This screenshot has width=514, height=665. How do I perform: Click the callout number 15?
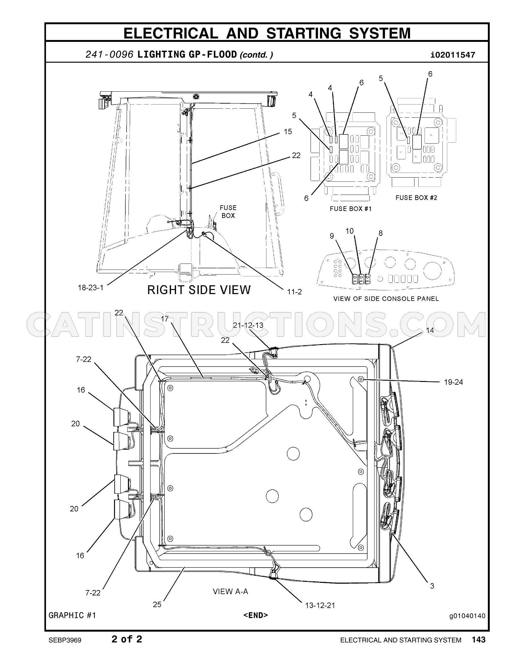(x=288, y=132)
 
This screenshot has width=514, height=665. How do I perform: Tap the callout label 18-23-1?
(x=91, y=287)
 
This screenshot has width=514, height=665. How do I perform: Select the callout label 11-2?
(x=294, y=292)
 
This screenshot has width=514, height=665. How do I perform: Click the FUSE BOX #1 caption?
(x=351, y=208)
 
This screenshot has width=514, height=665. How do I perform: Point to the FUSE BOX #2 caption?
(x=416, y=197)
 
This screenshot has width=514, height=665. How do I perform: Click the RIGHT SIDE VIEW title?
(x=199, y=290)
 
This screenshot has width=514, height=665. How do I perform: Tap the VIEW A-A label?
(x=231, y=591)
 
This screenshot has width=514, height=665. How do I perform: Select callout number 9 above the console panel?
(x=332, y=236)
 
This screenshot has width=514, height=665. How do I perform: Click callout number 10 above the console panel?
(x=350, y=231)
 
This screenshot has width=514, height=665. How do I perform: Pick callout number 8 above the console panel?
(x=380, y=233)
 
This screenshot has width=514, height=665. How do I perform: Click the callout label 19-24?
(x=454, y=382)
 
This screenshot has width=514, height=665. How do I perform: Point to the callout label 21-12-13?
(x=248, y=325)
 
